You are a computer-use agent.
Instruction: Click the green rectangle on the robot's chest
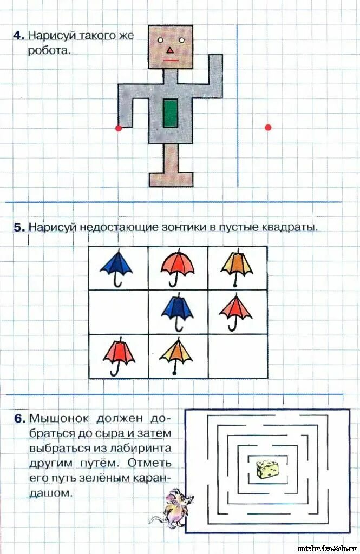[x=171, y=113]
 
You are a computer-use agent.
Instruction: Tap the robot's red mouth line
[x=171, y=60]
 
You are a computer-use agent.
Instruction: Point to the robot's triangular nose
[x=170, y=50]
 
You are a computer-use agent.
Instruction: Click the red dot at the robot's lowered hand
[x=119, y=128]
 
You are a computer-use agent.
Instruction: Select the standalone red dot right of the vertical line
[x=267, y=128]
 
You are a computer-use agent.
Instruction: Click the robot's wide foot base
[x=171, y=179]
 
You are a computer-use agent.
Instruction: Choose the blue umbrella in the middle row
[x=178, y=311]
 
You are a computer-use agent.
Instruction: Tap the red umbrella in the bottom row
[x=119, y=355]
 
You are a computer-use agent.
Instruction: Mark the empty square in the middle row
[x=119, y=312]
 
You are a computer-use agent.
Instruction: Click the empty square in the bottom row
[x=238, y=356]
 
